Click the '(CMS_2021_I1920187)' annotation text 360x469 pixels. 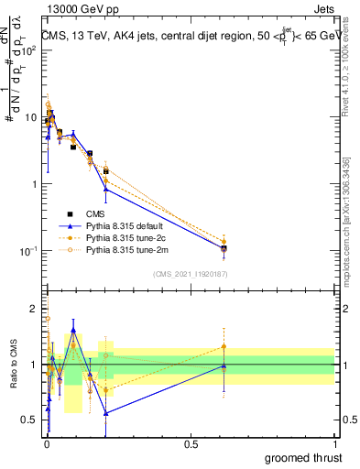(x=190, y=272)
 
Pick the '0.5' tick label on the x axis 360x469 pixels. (x=191, y=444)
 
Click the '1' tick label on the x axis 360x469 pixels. (x=334, y=444)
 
